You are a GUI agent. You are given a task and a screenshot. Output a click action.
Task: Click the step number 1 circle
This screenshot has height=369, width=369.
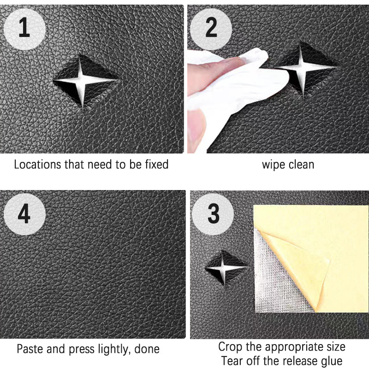24,29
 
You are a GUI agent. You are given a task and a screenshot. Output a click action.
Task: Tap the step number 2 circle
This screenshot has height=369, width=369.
211,29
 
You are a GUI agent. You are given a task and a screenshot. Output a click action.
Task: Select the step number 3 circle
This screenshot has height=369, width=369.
213,214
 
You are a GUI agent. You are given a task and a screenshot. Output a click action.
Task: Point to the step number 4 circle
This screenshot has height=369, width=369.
24,214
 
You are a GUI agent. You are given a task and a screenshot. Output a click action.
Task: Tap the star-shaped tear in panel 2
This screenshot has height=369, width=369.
303,68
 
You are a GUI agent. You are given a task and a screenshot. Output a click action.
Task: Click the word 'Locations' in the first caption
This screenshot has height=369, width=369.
38,164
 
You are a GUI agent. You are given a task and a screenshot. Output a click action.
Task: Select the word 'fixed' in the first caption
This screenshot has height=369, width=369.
157,164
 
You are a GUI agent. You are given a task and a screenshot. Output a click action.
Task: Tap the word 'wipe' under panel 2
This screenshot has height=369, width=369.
274,165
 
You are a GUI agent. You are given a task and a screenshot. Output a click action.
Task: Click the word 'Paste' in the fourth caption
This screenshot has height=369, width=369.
30,349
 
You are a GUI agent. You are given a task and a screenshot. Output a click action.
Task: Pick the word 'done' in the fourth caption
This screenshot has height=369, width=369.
147,349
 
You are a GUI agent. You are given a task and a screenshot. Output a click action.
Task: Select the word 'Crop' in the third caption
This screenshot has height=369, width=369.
230,347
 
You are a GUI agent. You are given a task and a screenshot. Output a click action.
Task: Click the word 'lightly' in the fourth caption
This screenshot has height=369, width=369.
114,349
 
